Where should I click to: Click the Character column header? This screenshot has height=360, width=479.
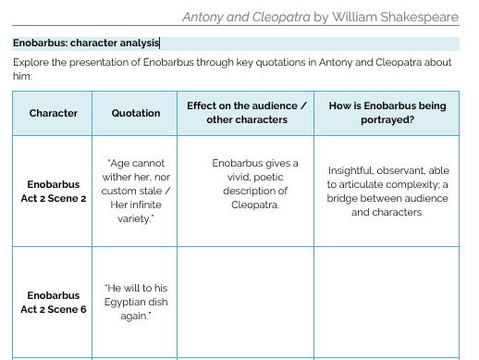coord(53,113)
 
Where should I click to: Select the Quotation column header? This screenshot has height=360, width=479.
coord(136,113)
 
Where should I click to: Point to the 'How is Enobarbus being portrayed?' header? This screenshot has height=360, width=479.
coord(387,113)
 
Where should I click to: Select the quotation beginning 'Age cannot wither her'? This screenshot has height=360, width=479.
coord(136,191)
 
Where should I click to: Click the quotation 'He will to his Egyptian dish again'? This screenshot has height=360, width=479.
coord(136,303)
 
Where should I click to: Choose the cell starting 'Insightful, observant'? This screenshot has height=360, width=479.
coord(387,191)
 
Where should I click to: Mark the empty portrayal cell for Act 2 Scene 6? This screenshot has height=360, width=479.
coord(387,303)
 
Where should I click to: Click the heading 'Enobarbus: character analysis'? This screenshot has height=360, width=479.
coord(86,43)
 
